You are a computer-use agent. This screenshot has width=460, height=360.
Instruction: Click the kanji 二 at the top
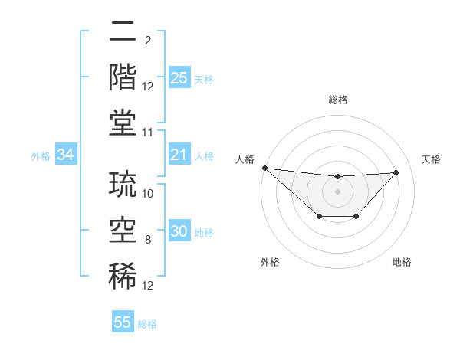click(123, 31)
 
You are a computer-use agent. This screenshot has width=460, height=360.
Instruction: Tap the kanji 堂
click(123, 122)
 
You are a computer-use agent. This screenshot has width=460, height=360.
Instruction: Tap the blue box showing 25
click(179, 78)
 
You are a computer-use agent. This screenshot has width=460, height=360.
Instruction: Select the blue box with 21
click(179, 155)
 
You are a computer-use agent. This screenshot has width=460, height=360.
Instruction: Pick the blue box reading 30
click(179, 232)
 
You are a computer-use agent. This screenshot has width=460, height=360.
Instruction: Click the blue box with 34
click(66, 155)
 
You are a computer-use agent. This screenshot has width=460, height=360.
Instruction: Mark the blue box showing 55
click(123, 322)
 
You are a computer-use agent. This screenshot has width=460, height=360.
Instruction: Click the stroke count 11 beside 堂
click(149, 133)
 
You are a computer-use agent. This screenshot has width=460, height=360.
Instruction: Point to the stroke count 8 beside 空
click(149, 241)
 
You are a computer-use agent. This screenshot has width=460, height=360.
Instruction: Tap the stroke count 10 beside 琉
click(149, 194)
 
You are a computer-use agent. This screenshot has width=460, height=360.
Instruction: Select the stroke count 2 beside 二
click(148, 41)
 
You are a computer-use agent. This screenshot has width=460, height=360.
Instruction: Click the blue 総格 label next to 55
click(147, 324)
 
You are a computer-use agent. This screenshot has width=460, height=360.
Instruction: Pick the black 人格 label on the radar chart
click(245, 159)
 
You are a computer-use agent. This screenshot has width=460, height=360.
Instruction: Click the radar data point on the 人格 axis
click(264, 168)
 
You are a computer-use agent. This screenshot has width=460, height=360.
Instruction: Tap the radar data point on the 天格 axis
click(396, 172)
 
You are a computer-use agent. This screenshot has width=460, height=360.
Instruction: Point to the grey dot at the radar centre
click(337, 191)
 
